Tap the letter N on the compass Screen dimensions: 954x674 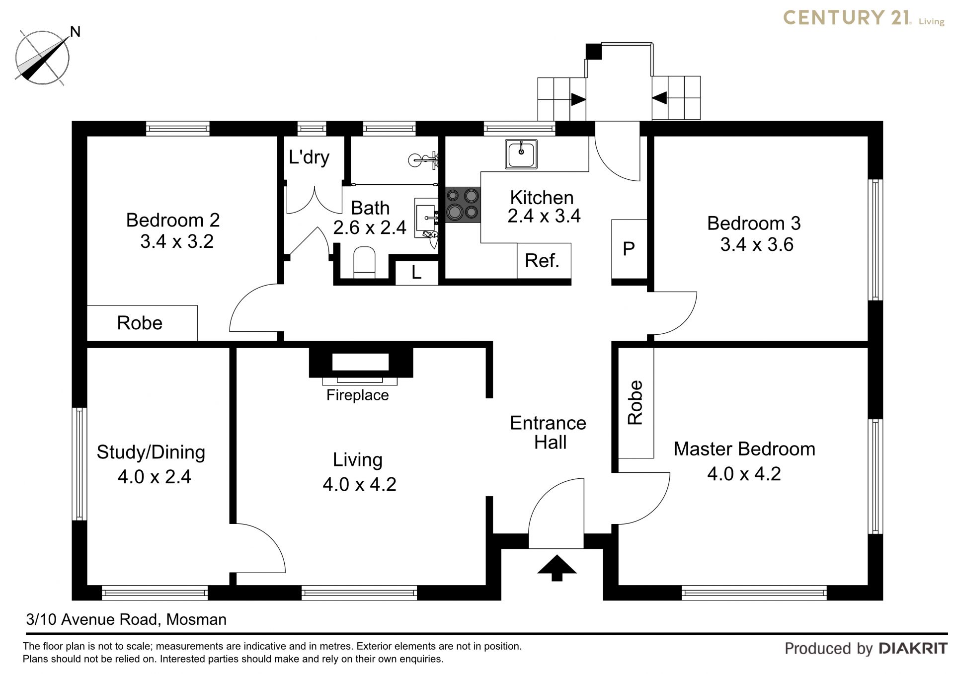pyautogui.click(x=75, y=32)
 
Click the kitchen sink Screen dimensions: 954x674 pyautogui.click(x=521, y=154)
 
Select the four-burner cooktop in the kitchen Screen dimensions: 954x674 pyautogui.click(x=463, y=205)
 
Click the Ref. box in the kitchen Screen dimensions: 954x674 pyautogui.click(x=544, y=261)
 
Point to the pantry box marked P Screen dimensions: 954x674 pyautogui.click(x=629, y=249)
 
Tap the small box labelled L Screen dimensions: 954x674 pyautogui.click(x=416, y=272)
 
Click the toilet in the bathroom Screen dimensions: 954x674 pyautogui.click(x=364, y=263)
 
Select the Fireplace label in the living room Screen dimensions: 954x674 pyautogui.click(x=357, y=395)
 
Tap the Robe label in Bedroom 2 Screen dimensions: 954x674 pyautogui.click(x=140, y=323)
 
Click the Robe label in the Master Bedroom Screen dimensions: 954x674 pyautogui.click(x=636, y=402)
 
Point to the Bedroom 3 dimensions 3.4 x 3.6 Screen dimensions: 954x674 pyautogui.click(x=757, y=245)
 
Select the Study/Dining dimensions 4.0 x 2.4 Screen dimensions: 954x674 pyautogui.click(x=155, y=477)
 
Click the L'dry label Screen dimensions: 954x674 pyautogui.click(x=309, y=157)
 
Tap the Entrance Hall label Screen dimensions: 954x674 pyautogui.click(x=549, y=433)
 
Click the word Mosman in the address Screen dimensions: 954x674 pyautogui.click(x=196, y=619)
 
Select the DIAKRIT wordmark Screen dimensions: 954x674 pyautogui.click(x=913, y=649)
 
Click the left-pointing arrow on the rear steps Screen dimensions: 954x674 pyautogui.click(x=659, y=98)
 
